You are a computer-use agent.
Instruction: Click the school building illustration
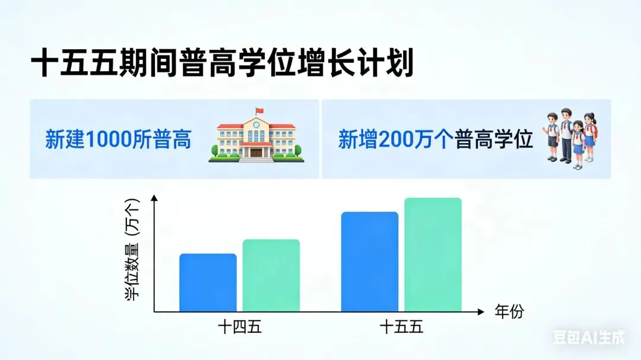point(256,137)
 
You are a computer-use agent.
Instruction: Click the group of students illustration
point(572,138)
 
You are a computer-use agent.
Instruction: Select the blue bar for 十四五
point(208,282)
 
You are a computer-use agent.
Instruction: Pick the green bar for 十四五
point(271,275)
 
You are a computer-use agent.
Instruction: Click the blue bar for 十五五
point(369,262)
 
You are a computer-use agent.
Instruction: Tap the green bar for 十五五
point(433,254)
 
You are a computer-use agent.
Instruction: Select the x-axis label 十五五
point(401,327)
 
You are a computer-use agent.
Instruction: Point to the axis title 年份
point(509,312)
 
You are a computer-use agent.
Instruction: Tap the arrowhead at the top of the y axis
point(154,199)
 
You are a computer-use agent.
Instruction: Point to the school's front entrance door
point(256,152)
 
